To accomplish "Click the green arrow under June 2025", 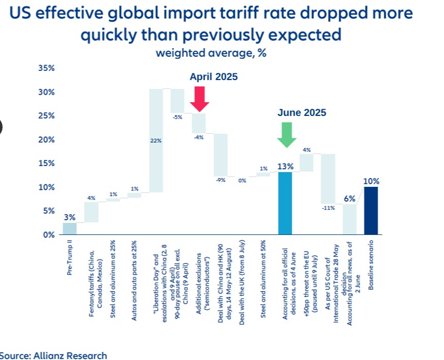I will (x=287, y=134).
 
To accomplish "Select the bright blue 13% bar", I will (x=285, y=203).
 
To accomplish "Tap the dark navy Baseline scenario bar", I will (x=371, y=211).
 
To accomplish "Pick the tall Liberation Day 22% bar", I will (x=155, y=140).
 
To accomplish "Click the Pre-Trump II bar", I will (x=70, y=228).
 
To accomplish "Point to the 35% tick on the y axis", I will (x=48, y=68).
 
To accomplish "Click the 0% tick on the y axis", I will (x=49, y=234).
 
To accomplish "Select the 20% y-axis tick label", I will (x=48, y=139).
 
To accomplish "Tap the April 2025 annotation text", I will (x=213, y=77).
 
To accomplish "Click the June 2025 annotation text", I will (x=302, y=113).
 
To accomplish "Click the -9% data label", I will (x=220, y=180).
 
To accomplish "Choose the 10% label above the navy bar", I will (x=371, y=181).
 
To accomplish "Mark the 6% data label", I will (x=349, y=199).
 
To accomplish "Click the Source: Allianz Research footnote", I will (x=53, y=355).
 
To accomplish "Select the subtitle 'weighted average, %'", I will (x=211, y=53).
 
